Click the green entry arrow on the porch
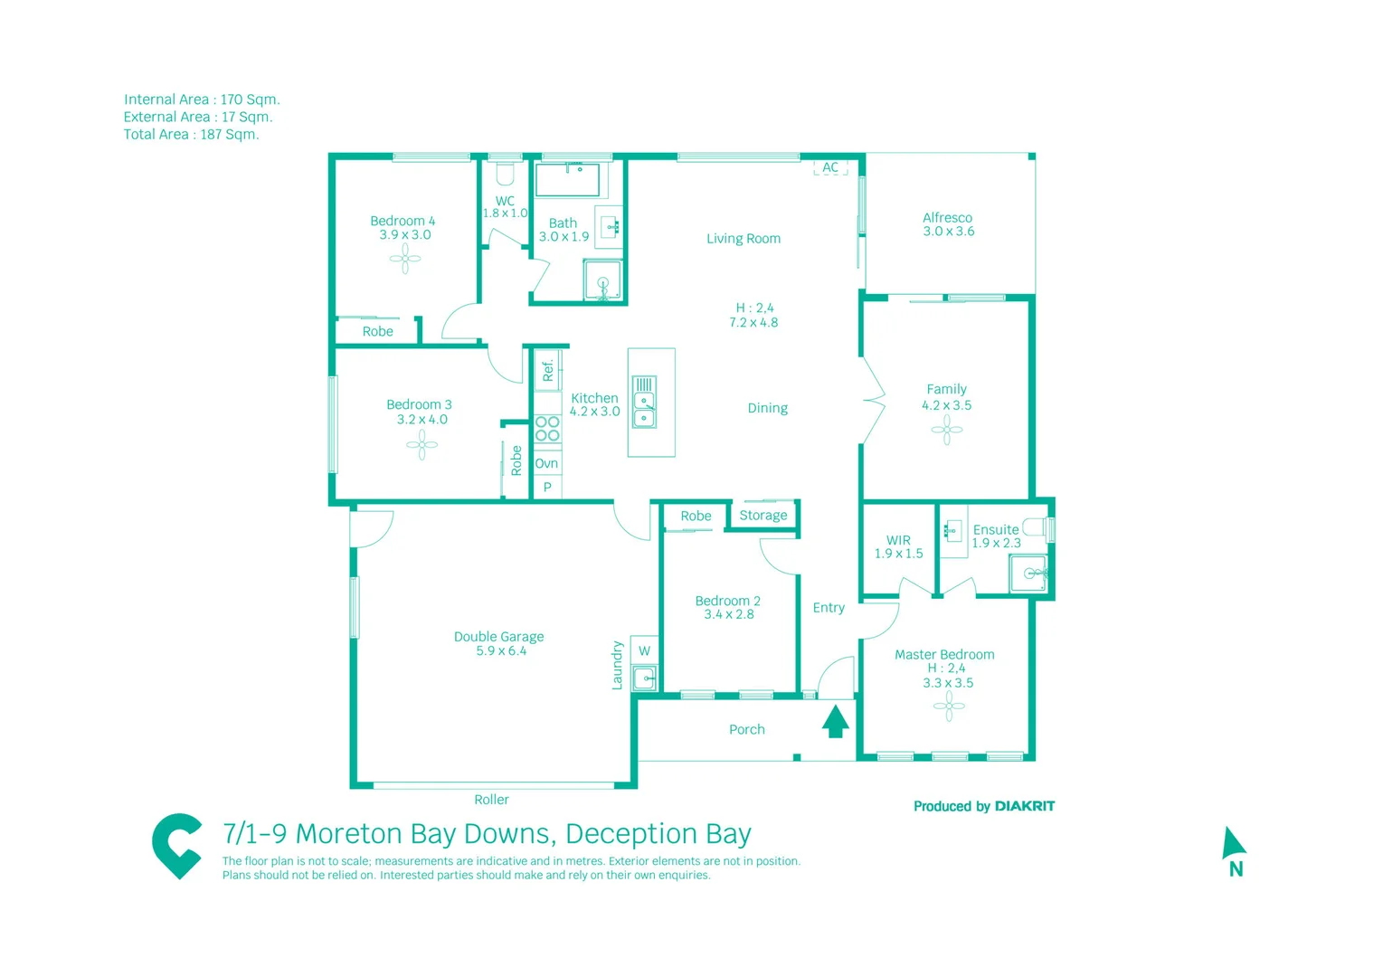pyautogui.click(x=835, y=721)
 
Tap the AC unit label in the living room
pyautogui.click(x=830, y=167)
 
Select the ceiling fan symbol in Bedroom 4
pyautogui.click(x=405, y=260)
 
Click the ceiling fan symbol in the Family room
pyautogui.click(x=946, y=430)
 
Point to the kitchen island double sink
pyautogui.click(x=644, y=403)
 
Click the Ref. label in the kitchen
pyautogui.click(x=547, y=370)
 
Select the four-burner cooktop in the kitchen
pyautogui.click(x=547, y=429)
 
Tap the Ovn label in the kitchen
pyautogui.click(x=546, y=463)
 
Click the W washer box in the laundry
pyautogui.click(x=644, y=650)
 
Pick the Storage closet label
pyautogui.click(x=763, y=516)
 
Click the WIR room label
pyautogui.click(x=898, y=540)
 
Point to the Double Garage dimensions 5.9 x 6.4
pyautogui.click(x=500, y=650)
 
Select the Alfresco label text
pyautogui.click(x=947, y=218)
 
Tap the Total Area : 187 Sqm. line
pyautogui.click(x=192, y=135)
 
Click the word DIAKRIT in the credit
pyautogui.click(x=1024, y=806)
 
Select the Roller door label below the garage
pyautogui.click(x=491, y=800)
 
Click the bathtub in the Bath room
pyautogui.click(x=567, y=180)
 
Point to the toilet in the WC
pyautogui.click(x=505, y=174)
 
